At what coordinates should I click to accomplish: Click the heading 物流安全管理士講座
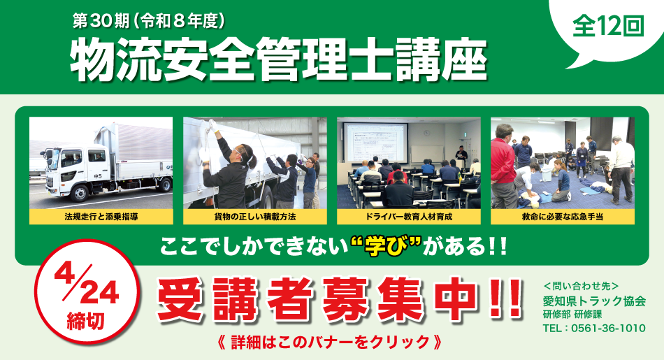click(x=278, y=60)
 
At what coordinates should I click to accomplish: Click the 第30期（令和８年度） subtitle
click(x=148, y=20)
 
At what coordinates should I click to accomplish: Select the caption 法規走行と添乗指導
click(x=101, y=217)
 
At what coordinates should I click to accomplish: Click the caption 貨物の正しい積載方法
click(x=254, y=217)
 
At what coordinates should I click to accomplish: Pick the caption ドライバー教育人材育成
click(x=408, y=217)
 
